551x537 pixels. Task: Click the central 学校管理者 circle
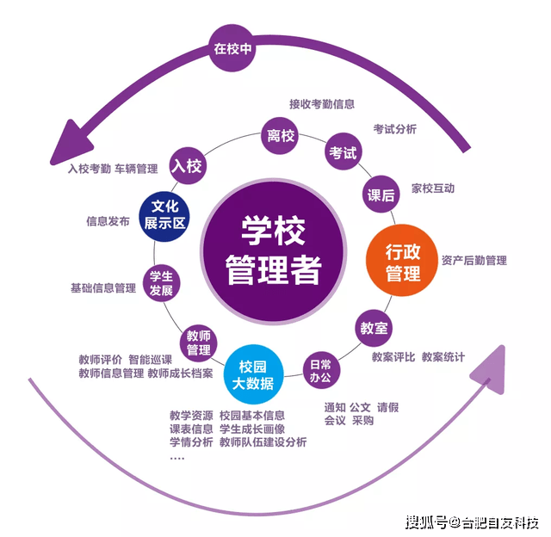274,250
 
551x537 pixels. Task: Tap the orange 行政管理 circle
402,260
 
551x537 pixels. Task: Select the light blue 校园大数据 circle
253,374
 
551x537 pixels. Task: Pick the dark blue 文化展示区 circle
164,216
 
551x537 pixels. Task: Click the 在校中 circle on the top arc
232,48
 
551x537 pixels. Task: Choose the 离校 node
280,136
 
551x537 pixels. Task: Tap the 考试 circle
343,151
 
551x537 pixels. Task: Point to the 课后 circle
381,194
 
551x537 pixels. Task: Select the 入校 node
188,165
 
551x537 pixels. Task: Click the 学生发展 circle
161,283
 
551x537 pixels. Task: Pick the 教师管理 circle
199,343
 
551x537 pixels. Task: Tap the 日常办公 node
321,370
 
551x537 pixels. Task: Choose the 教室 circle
374,328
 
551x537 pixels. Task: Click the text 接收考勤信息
322,104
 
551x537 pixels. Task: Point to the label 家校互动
433,188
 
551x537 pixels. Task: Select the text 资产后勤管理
474,261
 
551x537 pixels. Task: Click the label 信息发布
108,221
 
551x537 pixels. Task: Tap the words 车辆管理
136,169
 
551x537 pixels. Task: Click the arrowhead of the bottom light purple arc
489,369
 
